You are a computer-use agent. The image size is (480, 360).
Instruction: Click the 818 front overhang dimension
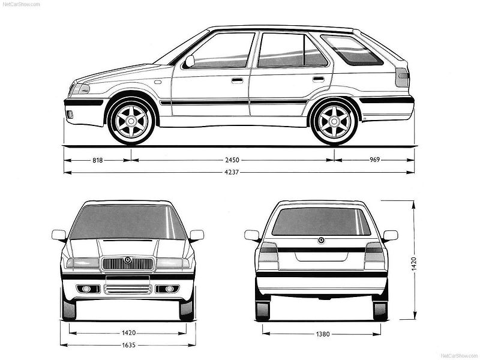98,160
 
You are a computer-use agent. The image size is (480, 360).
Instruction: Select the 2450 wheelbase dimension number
232,160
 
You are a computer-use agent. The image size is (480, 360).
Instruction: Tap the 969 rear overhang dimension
374,160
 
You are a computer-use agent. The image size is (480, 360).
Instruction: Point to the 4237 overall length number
232,172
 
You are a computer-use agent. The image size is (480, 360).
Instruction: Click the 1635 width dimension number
128,345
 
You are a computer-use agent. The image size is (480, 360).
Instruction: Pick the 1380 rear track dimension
323,334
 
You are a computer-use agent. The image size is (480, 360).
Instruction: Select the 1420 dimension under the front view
128,333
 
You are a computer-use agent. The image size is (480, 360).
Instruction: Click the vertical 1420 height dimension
413,264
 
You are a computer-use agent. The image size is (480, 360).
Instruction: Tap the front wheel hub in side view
131,122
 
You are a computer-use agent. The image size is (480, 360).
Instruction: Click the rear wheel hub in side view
334,122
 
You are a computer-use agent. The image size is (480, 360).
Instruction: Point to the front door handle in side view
237,80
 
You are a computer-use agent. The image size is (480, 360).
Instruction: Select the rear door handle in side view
319,79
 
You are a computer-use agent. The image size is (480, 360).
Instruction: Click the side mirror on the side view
190,61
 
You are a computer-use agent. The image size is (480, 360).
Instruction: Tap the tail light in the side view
402,77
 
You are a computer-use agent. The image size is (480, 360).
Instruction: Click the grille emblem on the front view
127,260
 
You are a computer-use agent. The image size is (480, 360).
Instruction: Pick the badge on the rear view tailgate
322,241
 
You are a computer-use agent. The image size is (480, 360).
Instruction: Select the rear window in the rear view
321,221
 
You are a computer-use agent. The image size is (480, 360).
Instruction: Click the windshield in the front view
128,222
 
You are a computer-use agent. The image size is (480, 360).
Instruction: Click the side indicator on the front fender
158,82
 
